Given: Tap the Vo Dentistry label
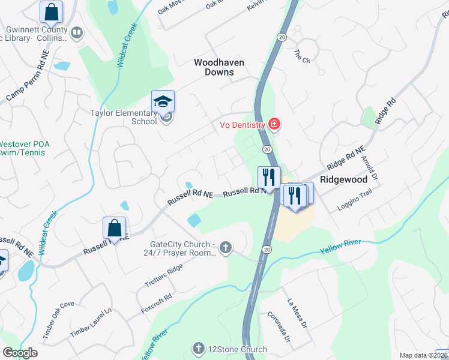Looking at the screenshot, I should [242, 125].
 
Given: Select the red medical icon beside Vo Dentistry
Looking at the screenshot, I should [274, 124].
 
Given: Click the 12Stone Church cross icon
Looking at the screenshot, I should [199, 349].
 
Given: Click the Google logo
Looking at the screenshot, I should [20, 352].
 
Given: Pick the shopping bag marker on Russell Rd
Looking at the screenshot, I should [114, 228].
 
